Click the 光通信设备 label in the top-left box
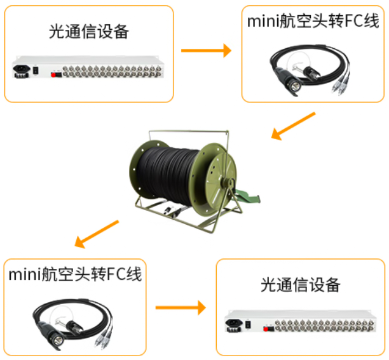point(89,32)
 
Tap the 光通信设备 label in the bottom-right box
point(301,284)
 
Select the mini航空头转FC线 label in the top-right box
point(313,21)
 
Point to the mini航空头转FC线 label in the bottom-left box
point(75,274)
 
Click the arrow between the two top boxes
point(206,51)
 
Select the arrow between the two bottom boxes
point(181,308)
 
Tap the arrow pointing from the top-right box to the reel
point(293,126)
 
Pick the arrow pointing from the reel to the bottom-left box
point(97,234)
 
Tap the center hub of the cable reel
point(226,183)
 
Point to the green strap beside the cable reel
point(248,196)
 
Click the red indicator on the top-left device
point(53,75)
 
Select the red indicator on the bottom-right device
point(266,330)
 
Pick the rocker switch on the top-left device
point(36,70)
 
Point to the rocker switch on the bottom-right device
point(248,324)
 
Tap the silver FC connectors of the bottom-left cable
point(103,340)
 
